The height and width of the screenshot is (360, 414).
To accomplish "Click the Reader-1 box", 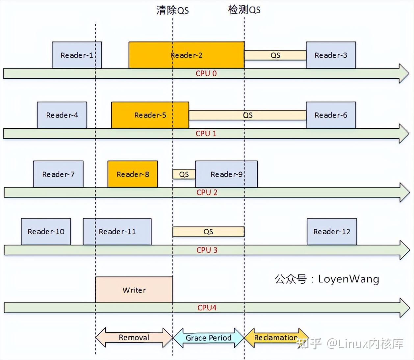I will point(77,55).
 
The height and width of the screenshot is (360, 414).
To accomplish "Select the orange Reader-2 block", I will point(186,55).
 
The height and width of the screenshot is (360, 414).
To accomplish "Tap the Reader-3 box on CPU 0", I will point(331,55).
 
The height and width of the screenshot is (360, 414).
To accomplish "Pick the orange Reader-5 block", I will point(150,115).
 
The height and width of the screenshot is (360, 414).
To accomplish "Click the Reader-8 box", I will point(133,174).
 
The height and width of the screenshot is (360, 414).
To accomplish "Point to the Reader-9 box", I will point(226,174).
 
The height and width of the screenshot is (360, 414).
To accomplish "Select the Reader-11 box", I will point(117,232).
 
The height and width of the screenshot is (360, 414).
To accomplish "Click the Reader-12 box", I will point(332,232).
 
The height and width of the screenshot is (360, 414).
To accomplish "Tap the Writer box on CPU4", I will point(134,290).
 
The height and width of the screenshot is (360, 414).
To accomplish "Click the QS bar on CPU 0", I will point(275,55).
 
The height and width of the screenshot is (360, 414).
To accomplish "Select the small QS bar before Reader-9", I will point(184,174).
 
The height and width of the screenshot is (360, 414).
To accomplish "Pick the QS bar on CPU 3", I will point(208,232).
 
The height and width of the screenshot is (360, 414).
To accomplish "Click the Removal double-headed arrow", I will point(134,338).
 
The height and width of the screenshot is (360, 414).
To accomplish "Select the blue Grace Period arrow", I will point(208,338).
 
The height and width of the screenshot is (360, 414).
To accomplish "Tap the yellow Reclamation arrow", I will point(276,338).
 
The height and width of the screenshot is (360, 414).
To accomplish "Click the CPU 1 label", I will point(206,134).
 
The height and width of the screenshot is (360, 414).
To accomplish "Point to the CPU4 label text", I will point(207,308).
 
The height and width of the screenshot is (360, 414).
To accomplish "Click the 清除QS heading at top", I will point(172,11).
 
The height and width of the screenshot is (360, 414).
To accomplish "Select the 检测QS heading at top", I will point(244,10).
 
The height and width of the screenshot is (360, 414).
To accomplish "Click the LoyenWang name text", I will point(349,279).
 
